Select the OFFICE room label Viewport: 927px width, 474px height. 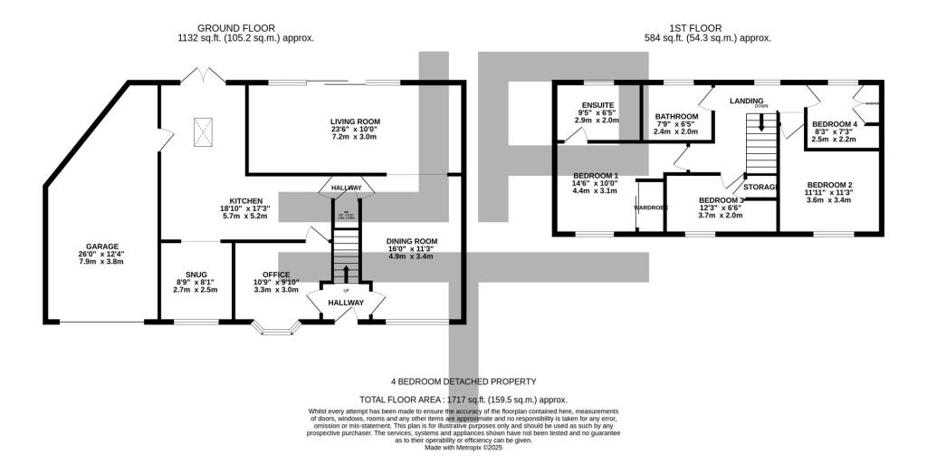[x=275, y=274]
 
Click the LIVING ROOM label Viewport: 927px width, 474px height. [x=354, y=121]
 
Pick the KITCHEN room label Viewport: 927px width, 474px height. [x=245, y=200]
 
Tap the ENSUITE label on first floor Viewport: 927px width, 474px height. [x=598, y=105]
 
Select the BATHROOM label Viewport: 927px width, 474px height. [x=676, y=117]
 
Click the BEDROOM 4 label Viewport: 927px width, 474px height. [x=834, y=124]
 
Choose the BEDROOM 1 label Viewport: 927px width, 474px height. [x=596, y=176]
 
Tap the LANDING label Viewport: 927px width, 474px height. [x=747, y=101]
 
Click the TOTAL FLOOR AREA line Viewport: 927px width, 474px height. [x=463, y=399]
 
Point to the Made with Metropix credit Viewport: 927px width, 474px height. [x=463, y=448]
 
